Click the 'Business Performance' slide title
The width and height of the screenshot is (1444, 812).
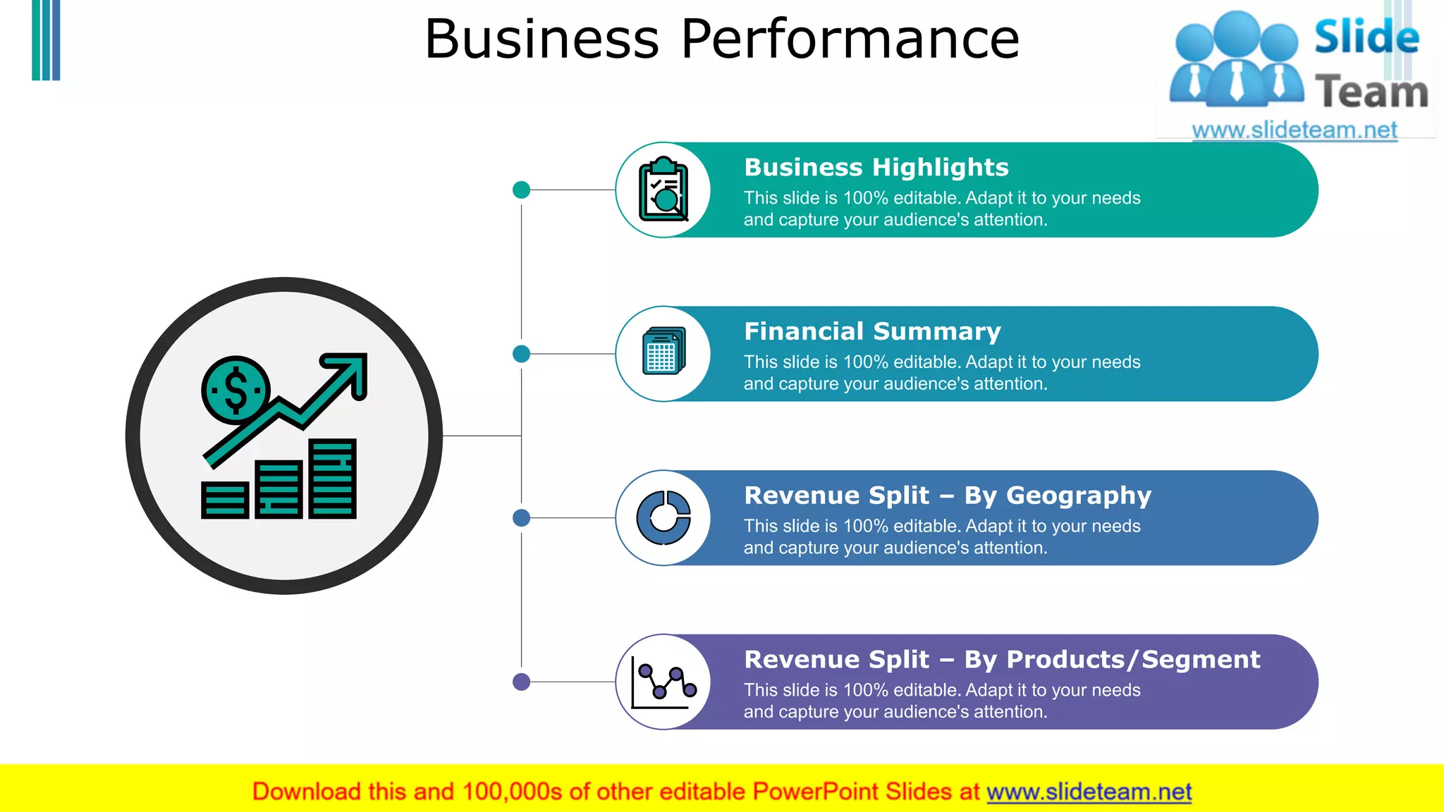pyautogui.click(x=721, y=39)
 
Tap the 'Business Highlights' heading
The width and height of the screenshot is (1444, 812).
pyautogui.click(x=876, y=168)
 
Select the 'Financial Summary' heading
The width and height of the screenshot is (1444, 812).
pyautogui.click(x=872, y=331)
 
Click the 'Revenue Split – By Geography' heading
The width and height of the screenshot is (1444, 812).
pyautogui.click(x=947, y=496)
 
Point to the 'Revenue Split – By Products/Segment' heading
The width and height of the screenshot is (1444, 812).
pyautogui.click(x=1001, y=660)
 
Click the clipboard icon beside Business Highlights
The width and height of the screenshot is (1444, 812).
pyautogui.click(x=663, y=190)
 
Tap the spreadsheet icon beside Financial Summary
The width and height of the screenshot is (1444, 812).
pyautogui.click(x=663, y=351)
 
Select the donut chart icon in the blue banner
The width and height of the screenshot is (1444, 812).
pyautogui.click(x=663, y=518)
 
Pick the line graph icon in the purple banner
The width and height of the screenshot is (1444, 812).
pyautogui.click(x=663, y=682)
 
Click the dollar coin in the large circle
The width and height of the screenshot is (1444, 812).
pyautogui.click(x=235, y=390)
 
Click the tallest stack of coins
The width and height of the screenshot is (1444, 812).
pyautogui.click(x=332, y=479)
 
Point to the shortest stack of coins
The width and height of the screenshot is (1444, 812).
pyautogui.click(x=225, y=500)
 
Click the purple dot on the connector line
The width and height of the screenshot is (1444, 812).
pyautogui.click(x=521, y=682)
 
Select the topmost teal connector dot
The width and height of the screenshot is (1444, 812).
pyautogui.click(x=521, y=190)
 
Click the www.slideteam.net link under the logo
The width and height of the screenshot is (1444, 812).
pyautogui.click(x=1294, y=130)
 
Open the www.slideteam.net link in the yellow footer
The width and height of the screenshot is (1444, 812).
pyautogui.click(x=1089, y=792)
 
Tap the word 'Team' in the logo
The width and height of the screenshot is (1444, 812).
pyautogui.click(x=1371, y=92)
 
